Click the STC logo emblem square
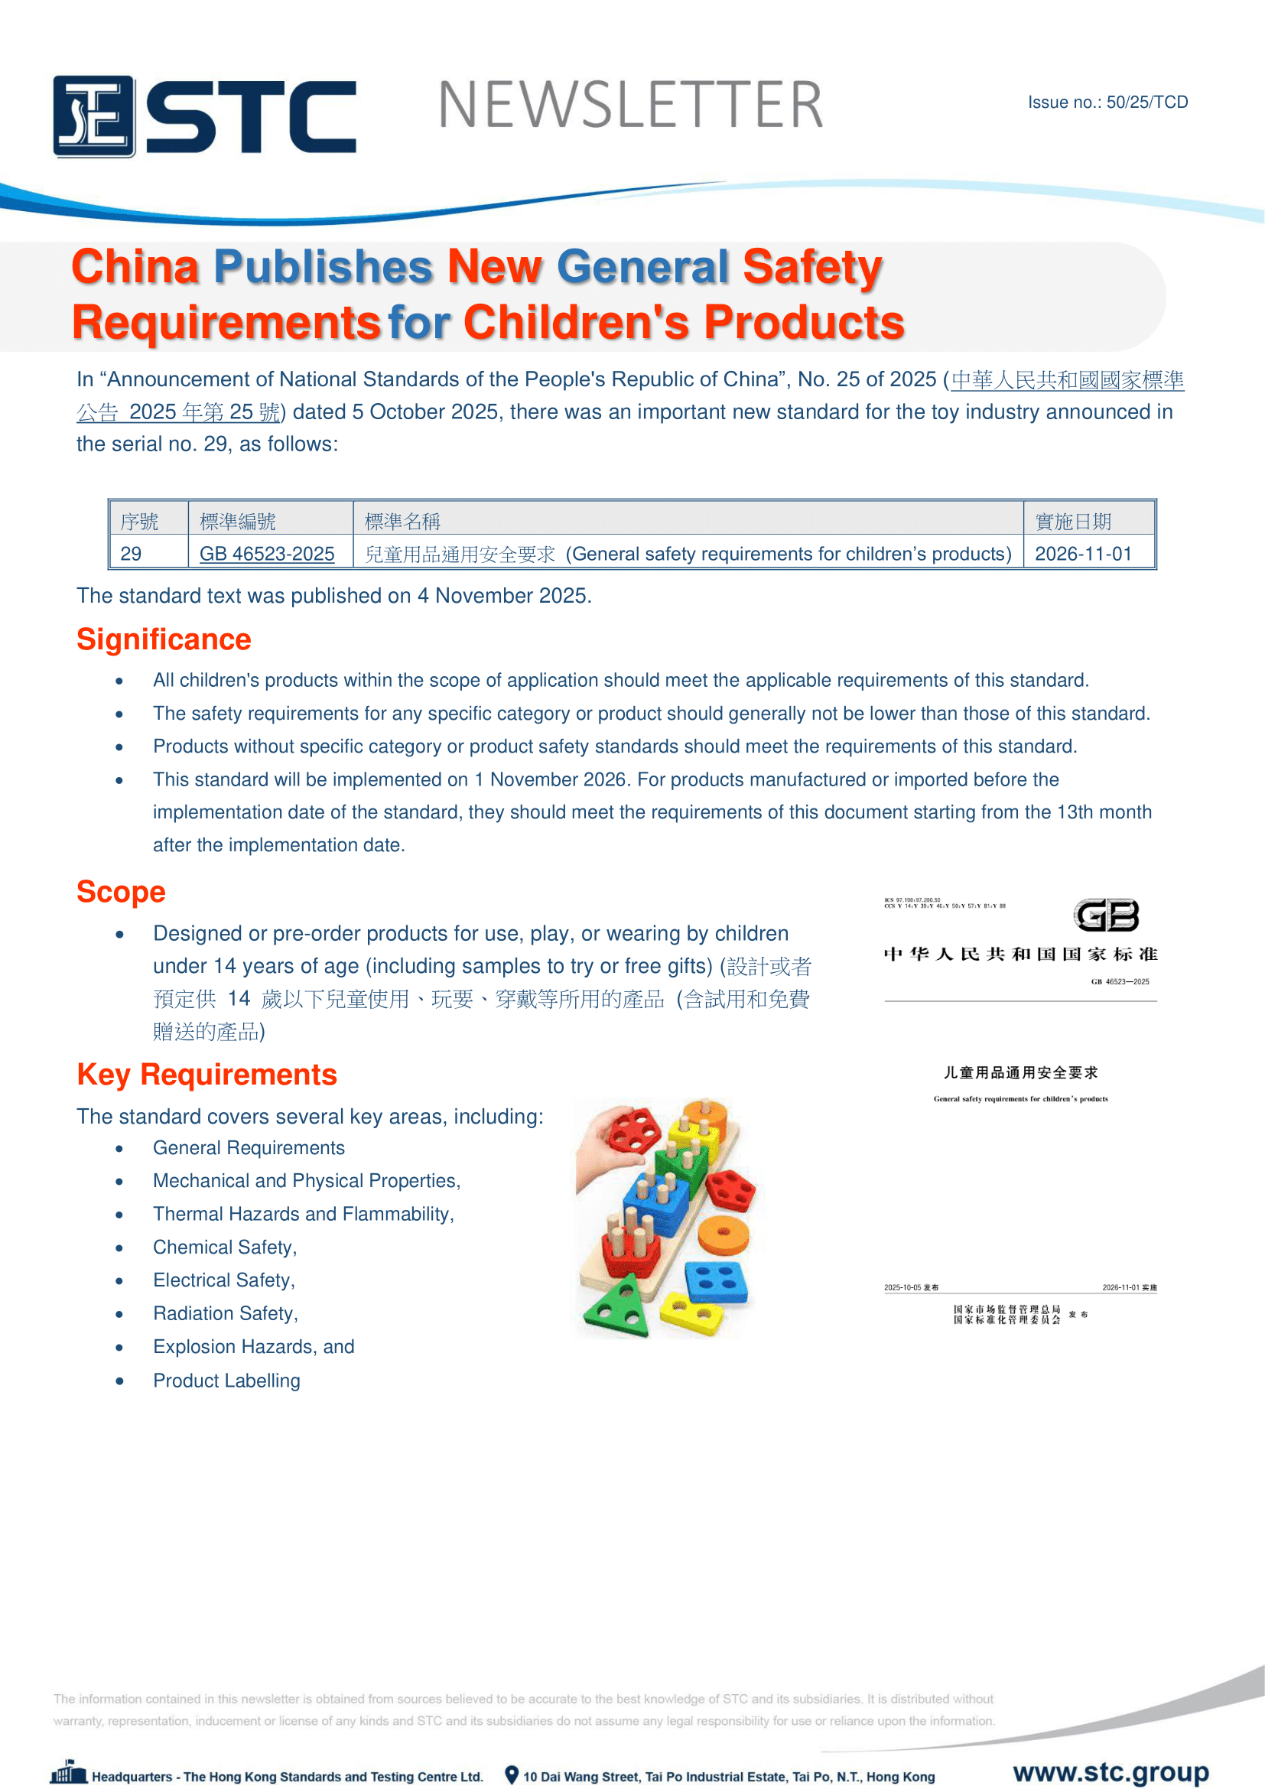[x=93, y=116]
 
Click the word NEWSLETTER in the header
[x=630, y=106]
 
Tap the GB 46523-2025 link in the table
[x=266, y=554]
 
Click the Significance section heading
[x=164, y=639]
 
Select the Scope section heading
[x=121, y=892]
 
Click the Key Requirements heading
[x=206, y=1075]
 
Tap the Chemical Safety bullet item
[x=224, y=1247]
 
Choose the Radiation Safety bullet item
[x=225, y=1314]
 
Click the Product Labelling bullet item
[x=226, y=1381]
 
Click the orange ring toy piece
[x=723, y=1234]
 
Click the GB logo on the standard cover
[x=1107, y=916]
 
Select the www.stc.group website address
[x=1111, y=1772]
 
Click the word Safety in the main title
[x=811, y=267]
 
